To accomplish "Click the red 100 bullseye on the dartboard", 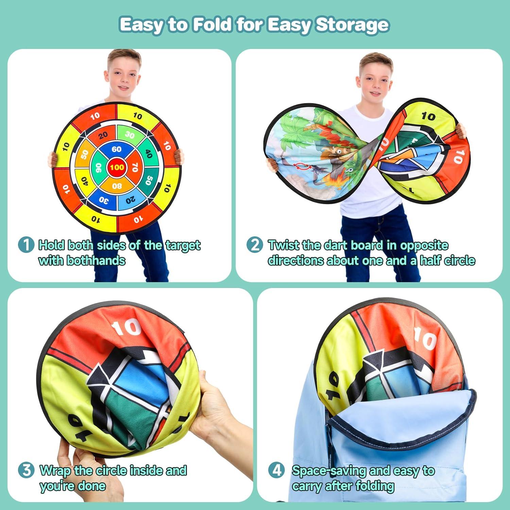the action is pos(117,167).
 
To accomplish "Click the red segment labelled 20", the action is pos(102,136).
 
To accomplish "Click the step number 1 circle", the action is pos(26,245).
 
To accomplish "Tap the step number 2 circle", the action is pos(255,245).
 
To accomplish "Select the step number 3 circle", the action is pos(26,471).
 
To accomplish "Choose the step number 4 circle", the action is pos(277,471).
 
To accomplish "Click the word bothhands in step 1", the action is pos(96,260).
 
